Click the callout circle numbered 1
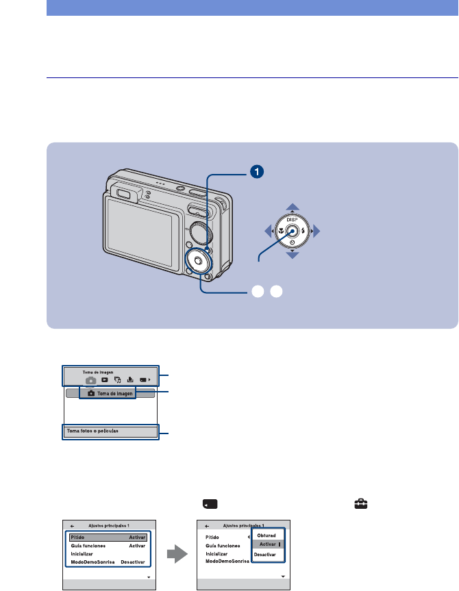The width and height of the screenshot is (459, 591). tap(256, 172)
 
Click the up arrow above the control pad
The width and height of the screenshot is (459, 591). tap(293, 206)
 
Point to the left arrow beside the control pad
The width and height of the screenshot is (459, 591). tap(270, 231)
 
